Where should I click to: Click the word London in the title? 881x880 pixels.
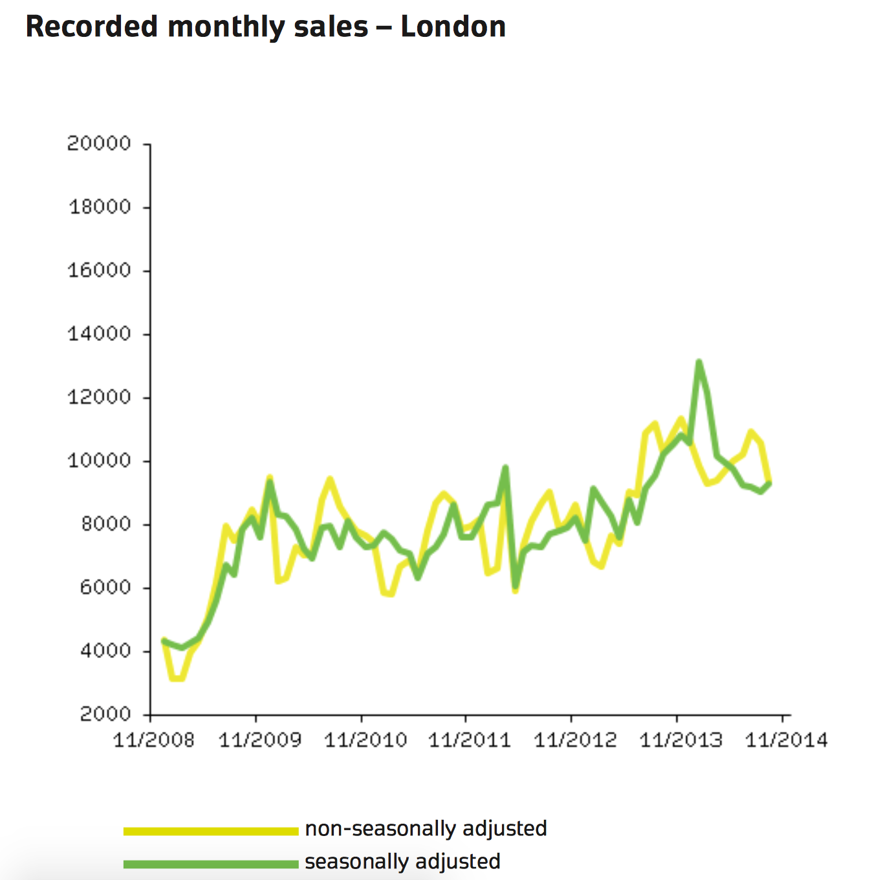453,27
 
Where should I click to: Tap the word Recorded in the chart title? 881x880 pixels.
92,27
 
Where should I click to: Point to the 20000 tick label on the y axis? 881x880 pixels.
99,144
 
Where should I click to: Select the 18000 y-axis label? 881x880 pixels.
100,207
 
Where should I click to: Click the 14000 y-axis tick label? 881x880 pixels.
99,334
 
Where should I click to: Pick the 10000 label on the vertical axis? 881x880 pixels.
99,461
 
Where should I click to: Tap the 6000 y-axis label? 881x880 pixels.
105,588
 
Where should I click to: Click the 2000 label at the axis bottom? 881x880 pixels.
105,714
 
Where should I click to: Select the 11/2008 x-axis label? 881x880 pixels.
154,740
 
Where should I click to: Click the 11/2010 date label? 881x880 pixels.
365,740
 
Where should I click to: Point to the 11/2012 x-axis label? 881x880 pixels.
575,740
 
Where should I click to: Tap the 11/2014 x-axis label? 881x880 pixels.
786,740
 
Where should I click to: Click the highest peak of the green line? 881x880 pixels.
699,362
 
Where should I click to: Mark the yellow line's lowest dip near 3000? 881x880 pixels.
177,679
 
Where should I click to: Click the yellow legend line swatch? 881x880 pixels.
210,831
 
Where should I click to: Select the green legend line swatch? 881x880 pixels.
210,864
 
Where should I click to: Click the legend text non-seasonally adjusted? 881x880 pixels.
426,829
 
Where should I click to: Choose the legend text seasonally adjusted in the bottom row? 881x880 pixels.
402,862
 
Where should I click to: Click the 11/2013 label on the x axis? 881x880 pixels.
680,740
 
